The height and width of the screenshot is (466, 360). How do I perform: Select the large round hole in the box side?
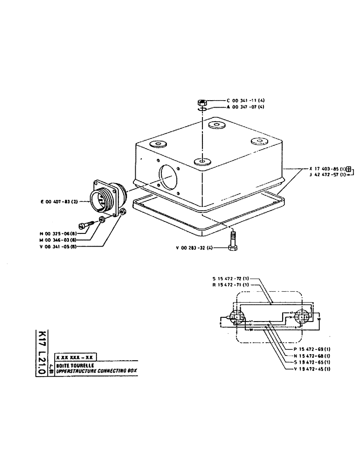168,177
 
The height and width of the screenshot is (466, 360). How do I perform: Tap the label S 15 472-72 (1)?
232,278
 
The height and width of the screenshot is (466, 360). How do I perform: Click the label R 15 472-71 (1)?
232,284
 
